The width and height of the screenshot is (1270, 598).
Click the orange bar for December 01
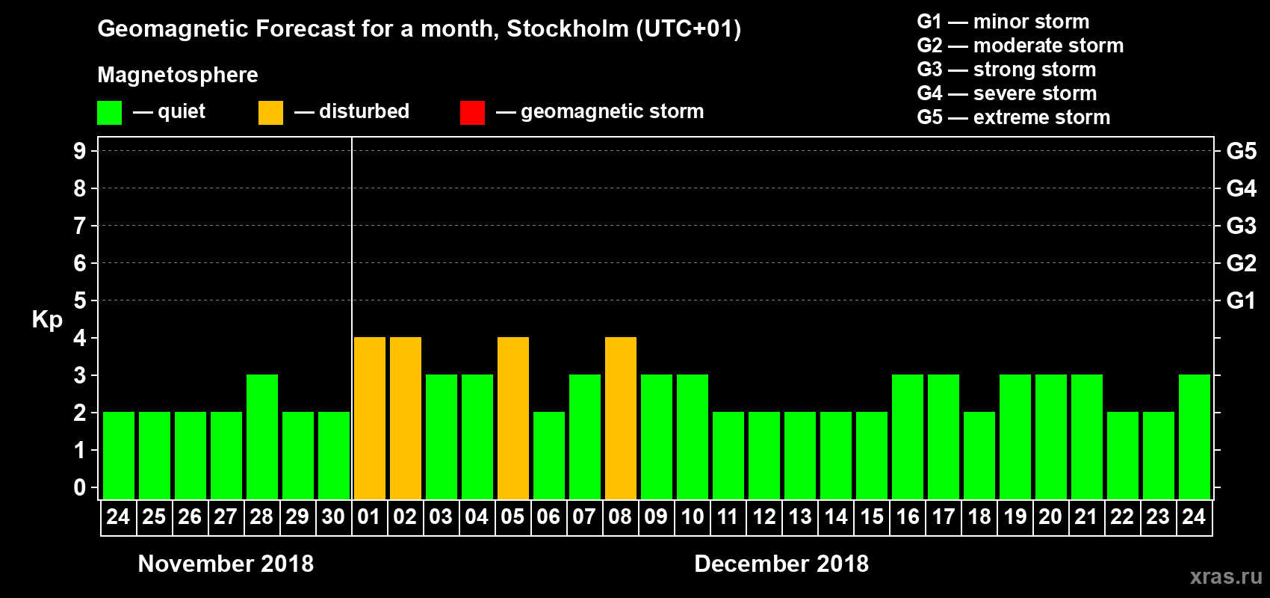click(x=370, y=418)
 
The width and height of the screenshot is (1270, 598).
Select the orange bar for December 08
click(x=621, y=418)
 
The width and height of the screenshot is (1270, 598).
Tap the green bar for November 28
click(x=262, y=437)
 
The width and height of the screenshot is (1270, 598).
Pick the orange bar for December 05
click(x=513, y=418)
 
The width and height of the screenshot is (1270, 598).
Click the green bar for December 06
click(x=549, y=455)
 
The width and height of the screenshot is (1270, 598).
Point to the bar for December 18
click(x=979, y=455)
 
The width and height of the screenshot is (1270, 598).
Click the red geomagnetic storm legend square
click(x=472, y=113)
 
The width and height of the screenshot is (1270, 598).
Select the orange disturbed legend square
click(x=270, y=113)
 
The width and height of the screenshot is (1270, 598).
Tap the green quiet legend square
click(x=109, y=113)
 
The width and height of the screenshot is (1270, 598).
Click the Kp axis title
click(x=47, y=319)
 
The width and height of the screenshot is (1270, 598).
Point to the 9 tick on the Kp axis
click(x=80, y=151)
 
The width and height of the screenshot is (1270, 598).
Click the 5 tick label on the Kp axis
click(x=80, y=300)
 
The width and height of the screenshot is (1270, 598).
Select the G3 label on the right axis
click(x=1241, y=226)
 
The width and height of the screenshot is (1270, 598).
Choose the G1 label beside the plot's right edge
click(x=1241, y=300)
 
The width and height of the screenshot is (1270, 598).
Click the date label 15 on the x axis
click(x=872, y=517)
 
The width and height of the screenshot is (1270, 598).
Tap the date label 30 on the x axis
click(x=333, y=517)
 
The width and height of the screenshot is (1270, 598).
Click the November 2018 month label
click(x=226, y=564)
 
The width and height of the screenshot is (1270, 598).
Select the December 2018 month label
click(x=781, y=564)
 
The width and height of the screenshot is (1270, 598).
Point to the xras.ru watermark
click(x=1226, y=576)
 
